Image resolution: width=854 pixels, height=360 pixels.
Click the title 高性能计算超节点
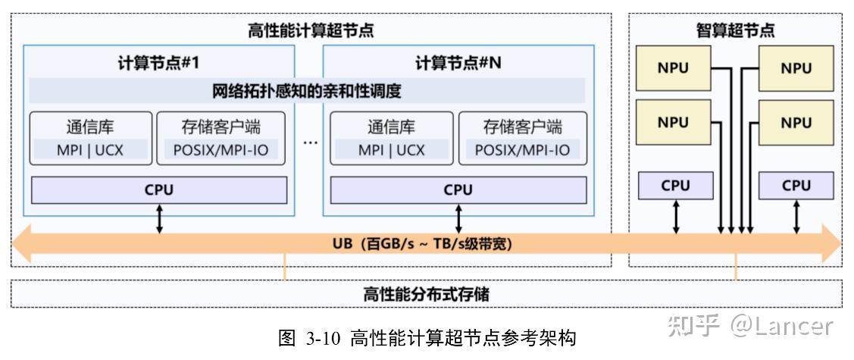311,31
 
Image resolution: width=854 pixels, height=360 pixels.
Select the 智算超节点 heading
735,31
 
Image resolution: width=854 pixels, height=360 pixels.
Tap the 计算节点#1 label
158,63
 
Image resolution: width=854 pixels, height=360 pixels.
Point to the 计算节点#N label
458,63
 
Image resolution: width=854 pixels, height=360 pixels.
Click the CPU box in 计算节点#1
159,190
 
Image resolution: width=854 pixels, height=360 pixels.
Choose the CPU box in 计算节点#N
458,190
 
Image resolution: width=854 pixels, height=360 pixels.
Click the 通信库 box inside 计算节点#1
90,138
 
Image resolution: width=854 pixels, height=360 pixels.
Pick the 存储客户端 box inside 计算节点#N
522,138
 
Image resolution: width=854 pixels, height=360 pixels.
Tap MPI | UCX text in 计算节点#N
391,150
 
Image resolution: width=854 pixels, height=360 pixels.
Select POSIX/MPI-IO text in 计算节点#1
221,150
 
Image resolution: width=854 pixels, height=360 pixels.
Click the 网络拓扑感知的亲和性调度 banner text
307,92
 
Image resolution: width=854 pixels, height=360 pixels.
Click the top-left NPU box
673,68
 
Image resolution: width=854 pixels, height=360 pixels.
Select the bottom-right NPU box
796,122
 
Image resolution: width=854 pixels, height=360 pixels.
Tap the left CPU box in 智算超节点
675,186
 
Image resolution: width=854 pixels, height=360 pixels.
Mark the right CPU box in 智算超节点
796,186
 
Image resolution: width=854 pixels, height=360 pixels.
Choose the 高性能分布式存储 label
426,294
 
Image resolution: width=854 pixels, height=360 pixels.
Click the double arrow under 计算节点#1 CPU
159,218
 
